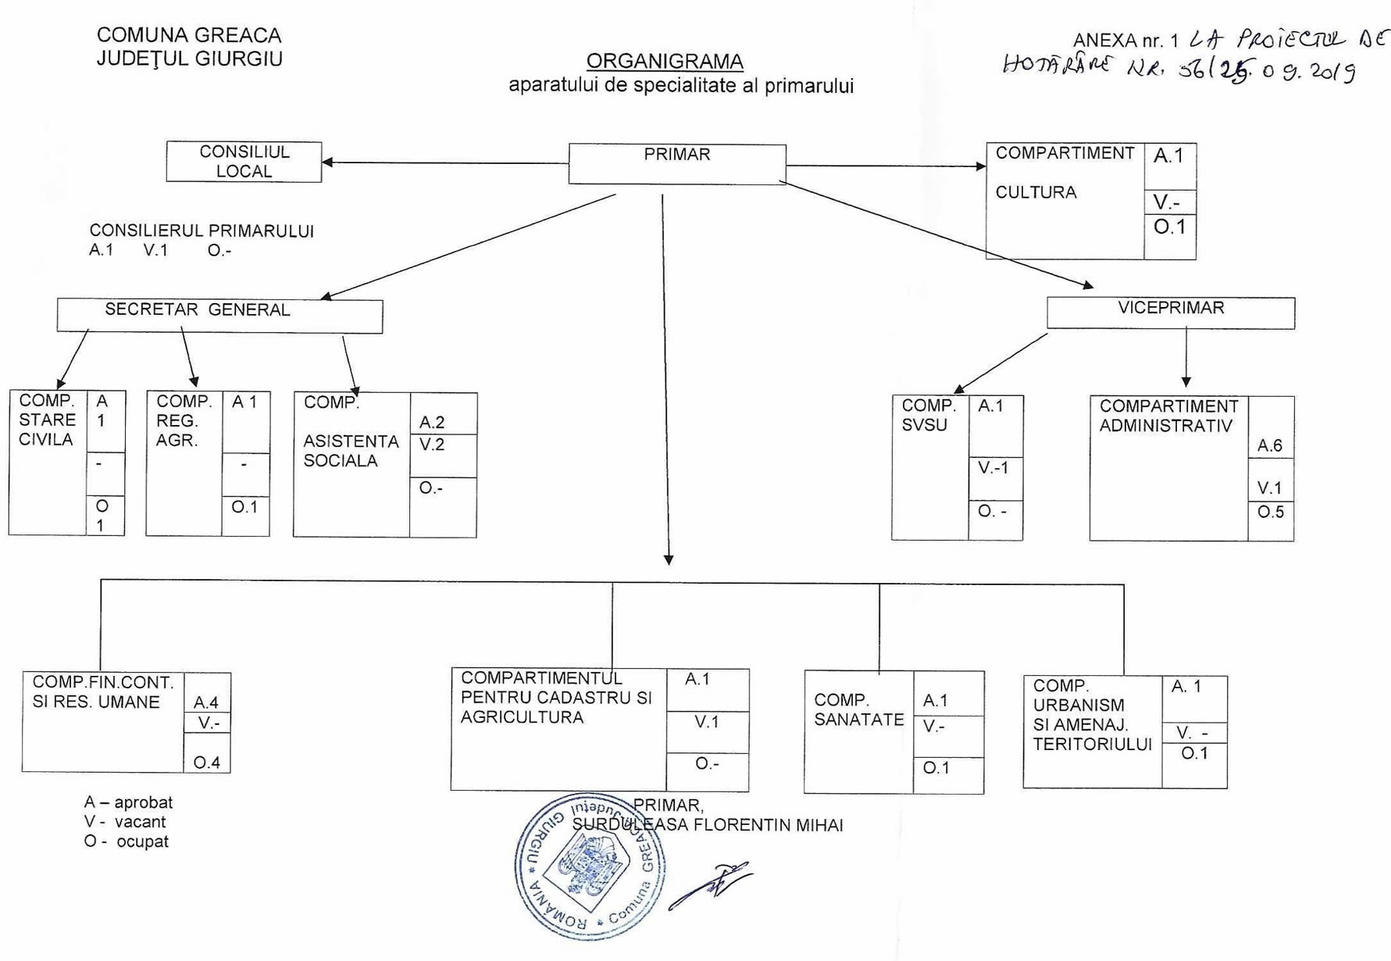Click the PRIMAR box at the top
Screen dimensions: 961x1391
click(676, 163)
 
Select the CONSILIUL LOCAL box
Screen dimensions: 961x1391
click(244, 162)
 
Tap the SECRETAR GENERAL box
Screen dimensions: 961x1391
click(219, 315)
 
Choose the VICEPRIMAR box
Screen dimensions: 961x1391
click(1170, 312)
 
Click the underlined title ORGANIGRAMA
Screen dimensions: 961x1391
click(665, 61)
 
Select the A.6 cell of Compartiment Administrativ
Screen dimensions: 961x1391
click(1270, 445)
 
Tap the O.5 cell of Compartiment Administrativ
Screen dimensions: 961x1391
click(1270, 513)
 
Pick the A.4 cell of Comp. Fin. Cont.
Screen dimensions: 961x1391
click(206, 702)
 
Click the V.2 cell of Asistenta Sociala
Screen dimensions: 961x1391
click(433, 445)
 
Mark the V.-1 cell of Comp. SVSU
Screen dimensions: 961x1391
click(994, 468)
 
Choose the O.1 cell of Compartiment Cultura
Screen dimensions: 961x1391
click(1169, 227)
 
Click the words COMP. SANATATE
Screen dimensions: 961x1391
click(858, 709)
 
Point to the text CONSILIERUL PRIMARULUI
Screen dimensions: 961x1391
click(202, 231)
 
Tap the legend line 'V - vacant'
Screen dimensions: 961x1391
click(125, 822)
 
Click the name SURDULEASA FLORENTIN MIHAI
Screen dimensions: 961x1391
click(708, 825)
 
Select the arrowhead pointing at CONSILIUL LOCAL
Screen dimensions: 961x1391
click(328, 163)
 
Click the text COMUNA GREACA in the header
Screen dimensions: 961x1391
click(189, 35)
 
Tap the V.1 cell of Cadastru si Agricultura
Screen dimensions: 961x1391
click(707, 722)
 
